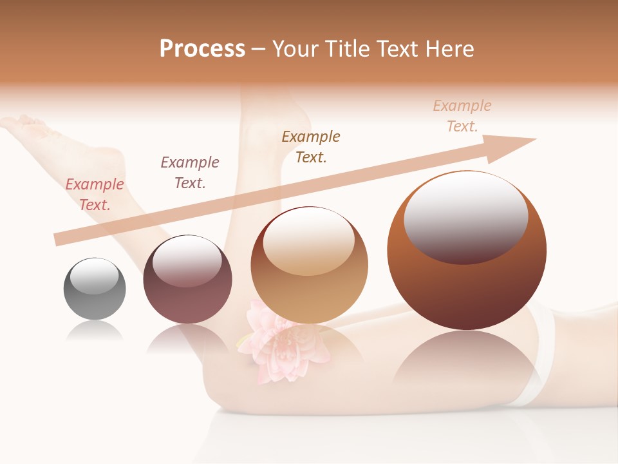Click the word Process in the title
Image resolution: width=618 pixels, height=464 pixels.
coord(202,49)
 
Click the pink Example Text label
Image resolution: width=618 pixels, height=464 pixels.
coord(95,194)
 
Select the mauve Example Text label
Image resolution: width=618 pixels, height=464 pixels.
coord(190,172)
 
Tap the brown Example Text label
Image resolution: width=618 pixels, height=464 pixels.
coord(311,146)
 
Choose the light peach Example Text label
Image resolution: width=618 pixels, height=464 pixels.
coord(462,115)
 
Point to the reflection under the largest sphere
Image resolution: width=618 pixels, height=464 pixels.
coord(467,364)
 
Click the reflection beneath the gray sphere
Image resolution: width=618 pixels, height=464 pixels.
coord(95,331)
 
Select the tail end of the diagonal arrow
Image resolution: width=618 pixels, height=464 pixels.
coord(59,240)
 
